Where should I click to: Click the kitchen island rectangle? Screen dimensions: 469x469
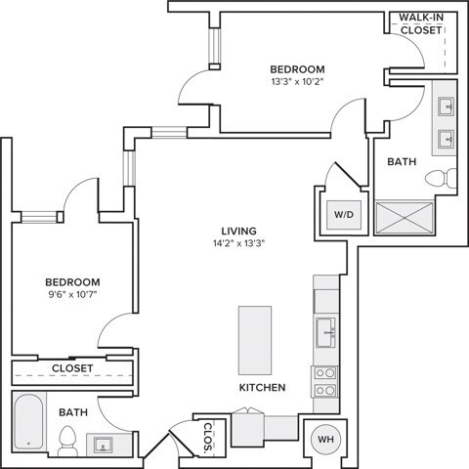click(255, 338)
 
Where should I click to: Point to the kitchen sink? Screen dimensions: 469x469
click(324, 332)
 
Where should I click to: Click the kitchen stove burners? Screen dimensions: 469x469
click(324, 381)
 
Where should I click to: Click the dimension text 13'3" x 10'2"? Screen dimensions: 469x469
click(297, 83)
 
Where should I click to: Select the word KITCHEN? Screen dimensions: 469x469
click(262, 388)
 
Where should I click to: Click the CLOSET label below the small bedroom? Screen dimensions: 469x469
click(72, 368)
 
